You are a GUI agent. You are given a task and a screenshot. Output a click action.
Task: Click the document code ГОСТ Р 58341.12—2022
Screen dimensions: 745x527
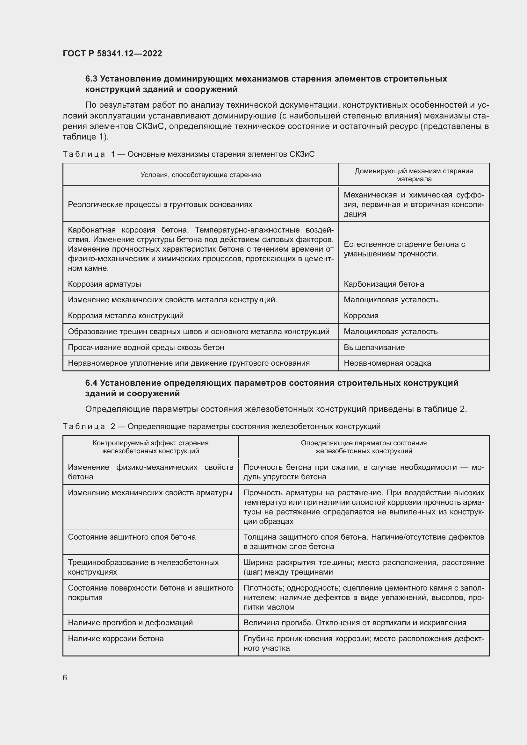pyautogui.click(x=112, y=54)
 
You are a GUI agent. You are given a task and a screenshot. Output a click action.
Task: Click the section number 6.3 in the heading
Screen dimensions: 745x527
pyautogui.click(x=91, y=79)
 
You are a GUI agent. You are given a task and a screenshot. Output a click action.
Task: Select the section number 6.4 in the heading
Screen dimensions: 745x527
pyautogui.click(x=91, y=383)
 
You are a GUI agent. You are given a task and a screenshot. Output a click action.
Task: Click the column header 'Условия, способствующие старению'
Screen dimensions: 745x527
pyautogui.click(x=200, y=175)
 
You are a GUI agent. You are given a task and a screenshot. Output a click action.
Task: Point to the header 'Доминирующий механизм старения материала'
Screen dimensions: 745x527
pyautogui.click(x=414, y=175)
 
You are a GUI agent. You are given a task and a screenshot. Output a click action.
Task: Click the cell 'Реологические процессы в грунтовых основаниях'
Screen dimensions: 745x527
pyautogui.click(x=160, y=204)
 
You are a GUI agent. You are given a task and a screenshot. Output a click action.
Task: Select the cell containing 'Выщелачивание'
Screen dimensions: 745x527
pyautogui.click(x=374, y=347)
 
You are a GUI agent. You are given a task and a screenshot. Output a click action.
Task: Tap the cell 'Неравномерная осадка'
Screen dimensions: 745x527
pyautogui.click(x=387, y=363)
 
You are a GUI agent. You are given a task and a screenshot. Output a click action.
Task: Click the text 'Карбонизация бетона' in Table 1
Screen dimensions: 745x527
pyautogui.click(x=384, y=284)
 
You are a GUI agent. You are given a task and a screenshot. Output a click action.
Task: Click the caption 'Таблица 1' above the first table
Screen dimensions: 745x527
pyautogui.click(x=84, y=154)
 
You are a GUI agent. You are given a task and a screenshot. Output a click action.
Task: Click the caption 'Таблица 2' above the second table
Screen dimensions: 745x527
pyautogui.click(x=84, y=426)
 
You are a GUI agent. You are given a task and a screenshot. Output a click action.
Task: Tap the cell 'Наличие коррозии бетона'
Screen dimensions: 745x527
pyautogui.click(x=116, y=639)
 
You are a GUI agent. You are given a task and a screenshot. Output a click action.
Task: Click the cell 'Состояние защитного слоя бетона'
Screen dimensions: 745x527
pyautogui.click(x=132, y=537)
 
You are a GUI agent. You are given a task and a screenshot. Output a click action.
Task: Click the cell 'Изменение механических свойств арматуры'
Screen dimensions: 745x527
pyautogui.click(x=150, y=493)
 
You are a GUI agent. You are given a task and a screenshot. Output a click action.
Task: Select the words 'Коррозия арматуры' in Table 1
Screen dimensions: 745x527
pyautogui.click(x=105, y=284)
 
